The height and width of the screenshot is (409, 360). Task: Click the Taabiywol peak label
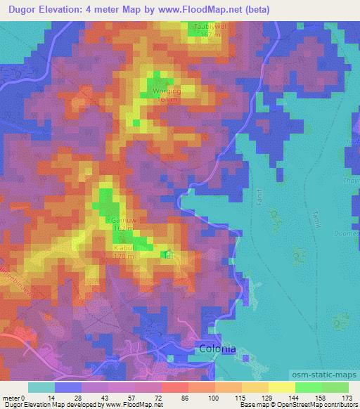pyautogui.click(x=207, y=26)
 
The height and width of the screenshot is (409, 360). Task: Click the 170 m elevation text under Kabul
pyautogui.click(x=124, y=257)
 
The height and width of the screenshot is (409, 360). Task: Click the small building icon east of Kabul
pyautogui.click(x=167, y=254)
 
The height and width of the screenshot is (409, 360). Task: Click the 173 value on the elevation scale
pyautogui.click(x=348, y=398)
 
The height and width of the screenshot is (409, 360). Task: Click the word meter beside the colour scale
pyautogui.click(x=11, y=398)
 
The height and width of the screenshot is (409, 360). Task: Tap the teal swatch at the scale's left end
pyautogui.click(x=41, y=387)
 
